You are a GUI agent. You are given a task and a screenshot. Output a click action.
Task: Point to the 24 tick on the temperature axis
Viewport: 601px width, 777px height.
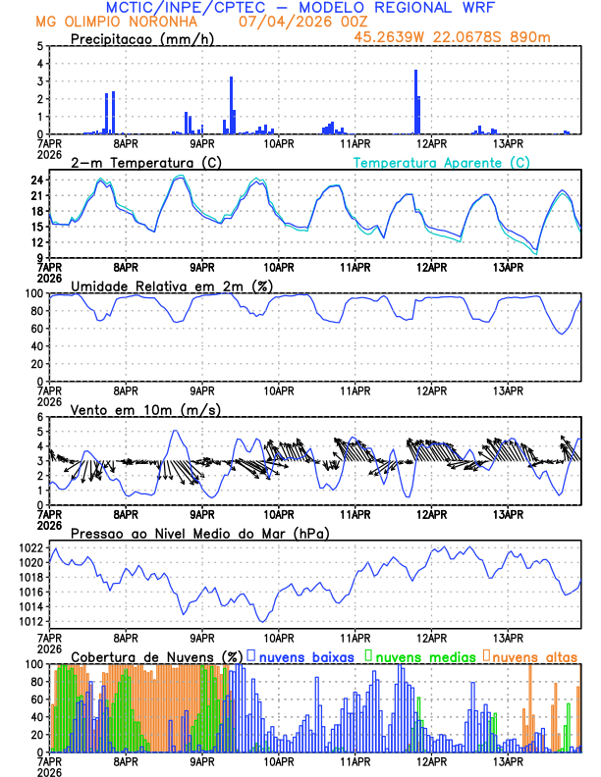pos(35,181)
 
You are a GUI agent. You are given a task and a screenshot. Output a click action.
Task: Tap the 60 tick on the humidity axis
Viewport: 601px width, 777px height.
pos(35,329)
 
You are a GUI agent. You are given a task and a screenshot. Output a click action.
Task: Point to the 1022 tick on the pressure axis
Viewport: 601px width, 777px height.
pos(29,547)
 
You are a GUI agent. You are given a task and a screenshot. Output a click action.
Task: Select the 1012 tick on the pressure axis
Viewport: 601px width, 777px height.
pos(29,621)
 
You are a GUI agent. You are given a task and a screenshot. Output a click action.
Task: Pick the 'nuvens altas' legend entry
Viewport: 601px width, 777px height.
pos(535,655)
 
